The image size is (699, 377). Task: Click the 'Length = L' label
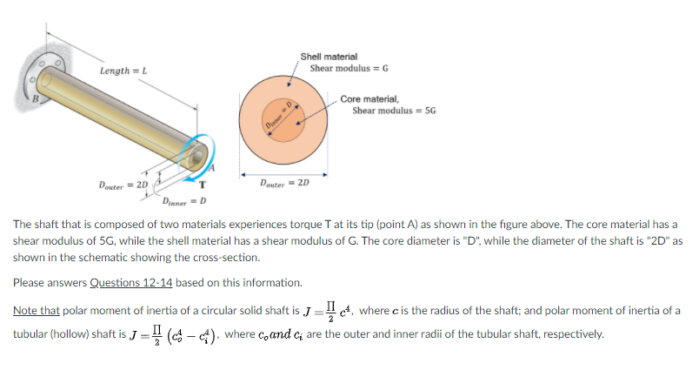[123, 71]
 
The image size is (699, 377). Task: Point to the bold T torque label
[202, 185]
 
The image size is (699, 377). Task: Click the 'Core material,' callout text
[369, 99]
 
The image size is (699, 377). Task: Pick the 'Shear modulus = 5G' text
[392, 111]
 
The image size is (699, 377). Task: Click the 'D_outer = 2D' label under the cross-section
[284, 184]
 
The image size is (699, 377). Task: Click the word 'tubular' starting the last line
[31, 334]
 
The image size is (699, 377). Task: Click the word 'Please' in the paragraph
[30, 283]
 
